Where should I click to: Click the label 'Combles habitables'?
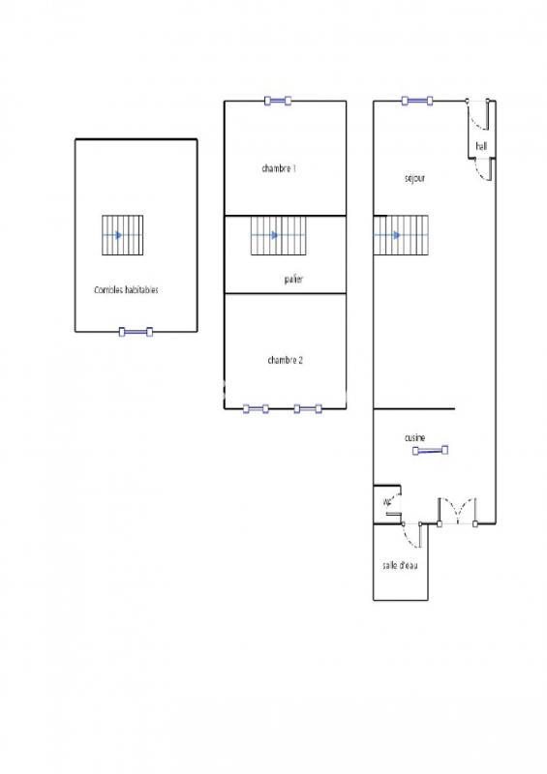126,289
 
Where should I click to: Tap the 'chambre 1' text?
279,168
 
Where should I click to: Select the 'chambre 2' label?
285,360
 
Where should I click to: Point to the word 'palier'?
293,279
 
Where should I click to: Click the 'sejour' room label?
415,179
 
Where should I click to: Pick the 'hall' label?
481,146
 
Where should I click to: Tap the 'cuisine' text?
415,438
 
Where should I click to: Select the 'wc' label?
387,502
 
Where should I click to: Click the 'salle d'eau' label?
400,565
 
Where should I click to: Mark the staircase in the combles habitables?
123,235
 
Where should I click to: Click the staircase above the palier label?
279,235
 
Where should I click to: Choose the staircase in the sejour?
400,235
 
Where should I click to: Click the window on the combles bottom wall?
136,332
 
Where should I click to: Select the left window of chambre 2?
256,408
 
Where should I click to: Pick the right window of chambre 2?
308,408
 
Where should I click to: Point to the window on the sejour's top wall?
418,100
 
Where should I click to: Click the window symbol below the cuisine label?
430,450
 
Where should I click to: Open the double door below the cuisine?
456,511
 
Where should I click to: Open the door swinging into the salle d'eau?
411,532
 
